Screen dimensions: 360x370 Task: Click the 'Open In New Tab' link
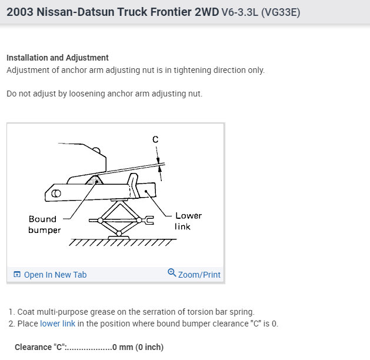(x=55, y=275)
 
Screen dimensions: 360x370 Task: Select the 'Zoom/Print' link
(x=199, y=274)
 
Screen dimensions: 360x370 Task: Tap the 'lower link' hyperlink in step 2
(x=59, y=324)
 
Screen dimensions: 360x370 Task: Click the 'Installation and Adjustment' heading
(x=58, y=58)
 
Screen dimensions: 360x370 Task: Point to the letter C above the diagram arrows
(x=155, y=139)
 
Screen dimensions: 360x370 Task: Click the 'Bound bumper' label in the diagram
(x=45, y=224)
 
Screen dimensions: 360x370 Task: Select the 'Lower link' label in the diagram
(x=188, y=221)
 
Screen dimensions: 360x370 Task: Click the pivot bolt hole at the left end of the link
(x=56, y=193)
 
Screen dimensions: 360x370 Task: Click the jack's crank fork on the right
(x=148, y=221)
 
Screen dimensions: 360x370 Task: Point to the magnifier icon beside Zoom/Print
(x=172, y=273)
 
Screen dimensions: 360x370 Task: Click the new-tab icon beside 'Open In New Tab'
(x=17, y=275)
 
